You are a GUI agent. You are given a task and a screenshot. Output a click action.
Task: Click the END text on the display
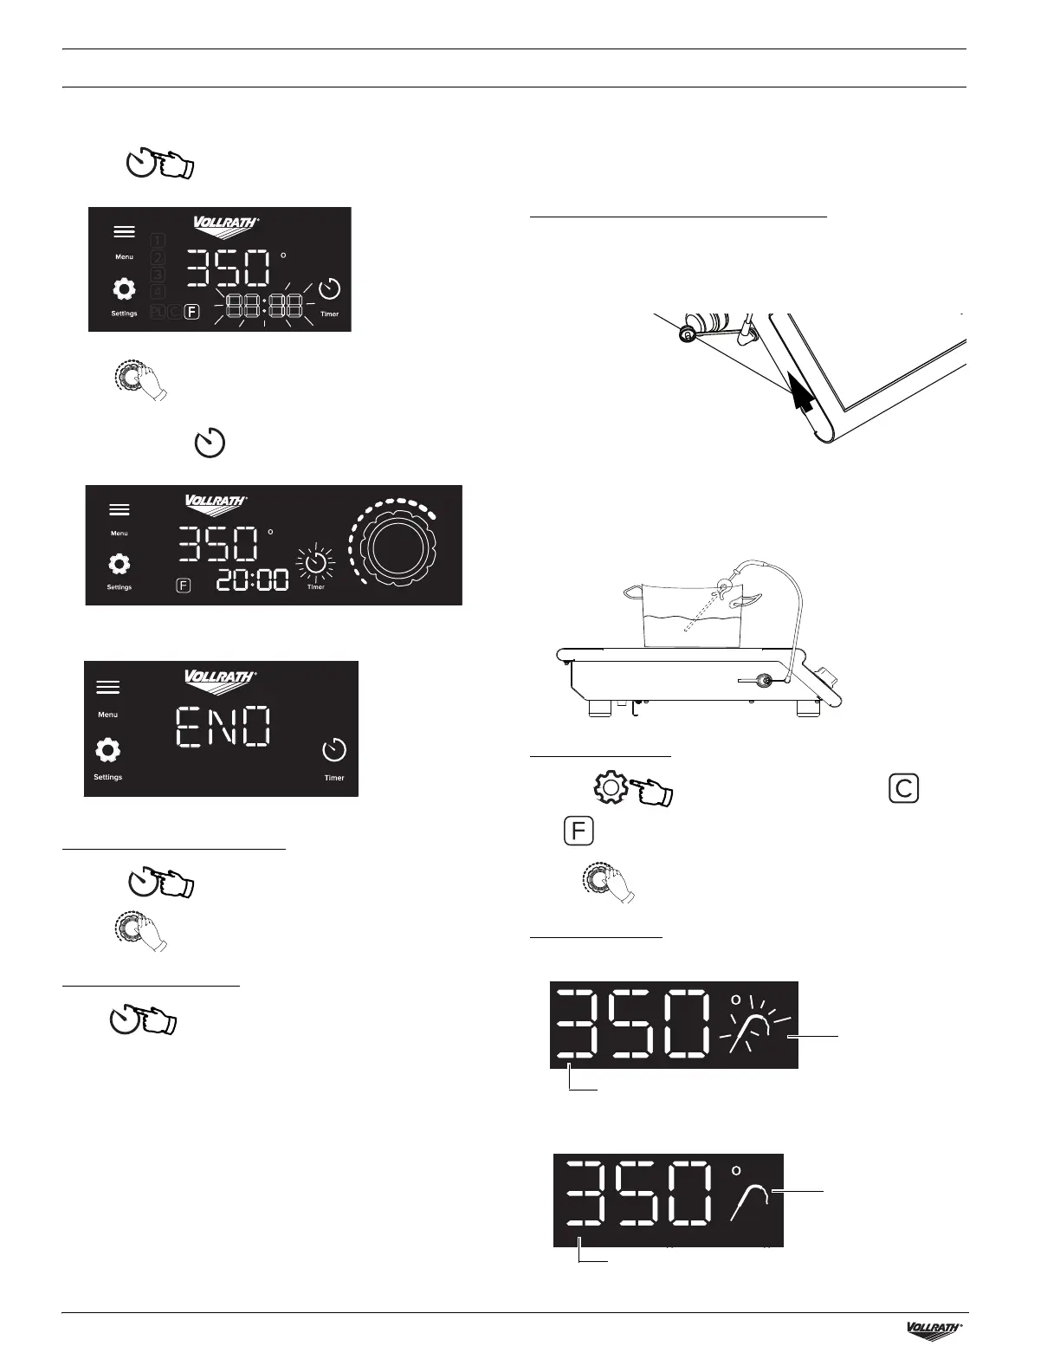[x=224, y=727]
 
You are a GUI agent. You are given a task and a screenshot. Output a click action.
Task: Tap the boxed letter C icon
[x=902, y=789]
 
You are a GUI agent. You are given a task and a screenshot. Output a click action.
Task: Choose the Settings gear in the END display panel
[x=107, y=750]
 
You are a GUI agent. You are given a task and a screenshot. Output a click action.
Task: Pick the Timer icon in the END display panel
[x=334, y=750]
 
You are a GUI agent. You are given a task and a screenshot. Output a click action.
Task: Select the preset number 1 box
[x=158, y=240]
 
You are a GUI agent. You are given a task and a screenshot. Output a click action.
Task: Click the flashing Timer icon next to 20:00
[x=316, y=564]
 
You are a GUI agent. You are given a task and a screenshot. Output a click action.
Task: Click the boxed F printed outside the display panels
[x=578, y=832]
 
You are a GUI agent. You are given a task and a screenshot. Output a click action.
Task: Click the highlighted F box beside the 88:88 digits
[x=192, y=312]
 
